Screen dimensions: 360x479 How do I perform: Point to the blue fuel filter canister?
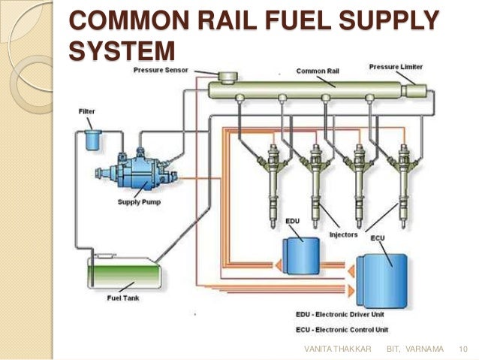pyautogui.click(x=93, y=140)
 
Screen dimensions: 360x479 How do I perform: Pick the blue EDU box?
pyautogui.click(x=300, y=250)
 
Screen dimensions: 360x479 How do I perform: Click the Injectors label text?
pyautogui.click(x=344, y=235)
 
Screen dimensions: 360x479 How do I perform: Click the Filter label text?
pyautogui.click(x=87, y=111)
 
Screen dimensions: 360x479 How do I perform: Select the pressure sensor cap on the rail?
pyautogui.click(x=225, y=76)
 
